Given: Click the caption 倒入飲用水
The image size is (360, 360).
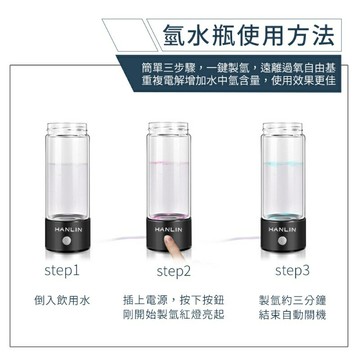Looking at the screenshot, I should click(62, 299).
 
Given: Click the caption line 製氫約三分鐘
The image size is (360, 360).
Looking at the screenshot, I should click(291, 299).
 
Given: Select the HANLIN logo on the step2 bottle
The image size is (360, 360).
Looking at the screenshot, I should click(181, 230).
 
